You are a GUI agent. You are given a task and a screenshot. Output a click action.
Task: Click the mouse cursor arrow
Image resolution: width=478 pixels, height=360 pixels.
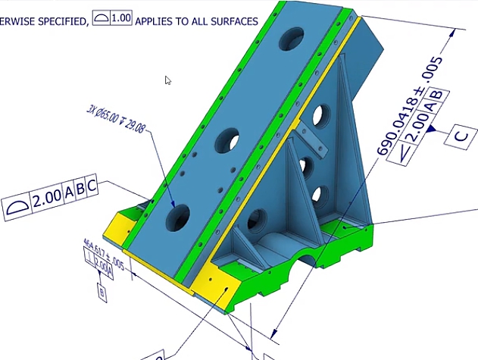(x=168, y=80)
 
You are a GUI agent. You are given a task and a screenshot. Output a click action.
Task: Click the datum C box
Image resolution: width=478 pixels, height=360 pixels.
(x=461, y=137)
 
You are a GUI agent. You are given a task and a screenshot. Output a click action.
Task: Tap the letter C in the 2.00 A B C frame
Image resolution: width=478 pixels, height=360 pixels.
(x=91, y=186)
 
